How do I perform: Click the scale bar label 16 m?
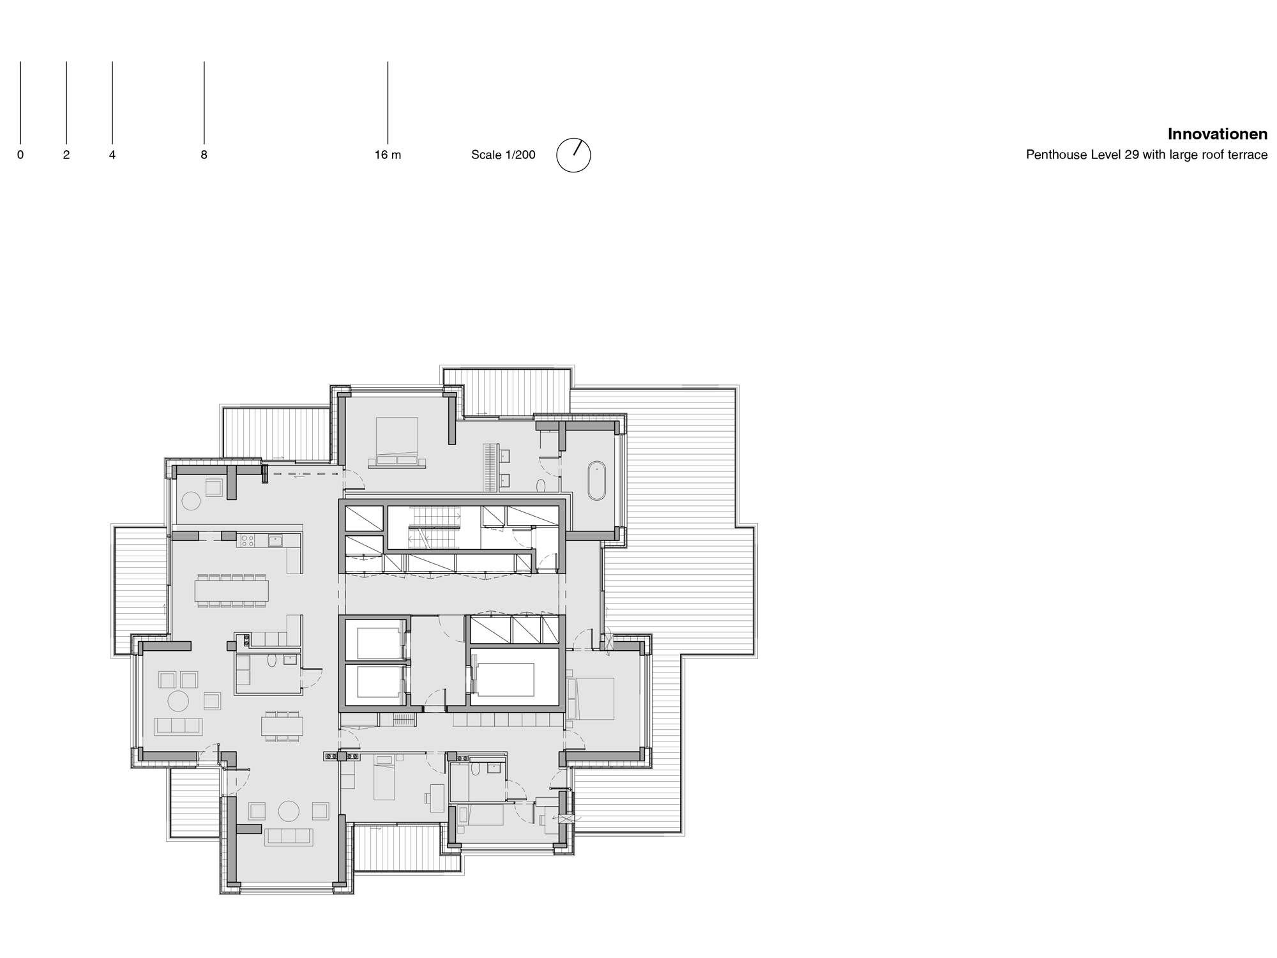(388, 155)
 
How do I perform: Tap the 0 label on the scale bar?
(20, 155)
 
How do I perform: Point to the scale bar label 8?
(204, 155)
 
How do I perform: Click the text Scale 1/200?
(503, 155)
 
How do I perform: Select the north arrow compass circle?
(573, 155)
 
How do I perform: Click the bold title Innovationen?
(1217, 134)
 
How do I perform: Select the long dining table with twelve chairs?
(232, 591)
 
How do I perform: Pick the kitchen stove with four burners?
(246, 541)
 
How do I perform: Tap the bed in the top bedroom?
(397, 441)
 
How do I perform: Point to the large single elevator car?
(505, 680)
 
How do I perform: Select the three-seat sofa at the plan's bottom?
(289, 837)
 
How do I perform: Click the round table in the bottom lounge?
(289, 811)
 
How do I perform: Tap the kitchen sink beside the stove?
(276, 541)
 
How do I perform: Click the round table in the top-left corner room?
(190, 501)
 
